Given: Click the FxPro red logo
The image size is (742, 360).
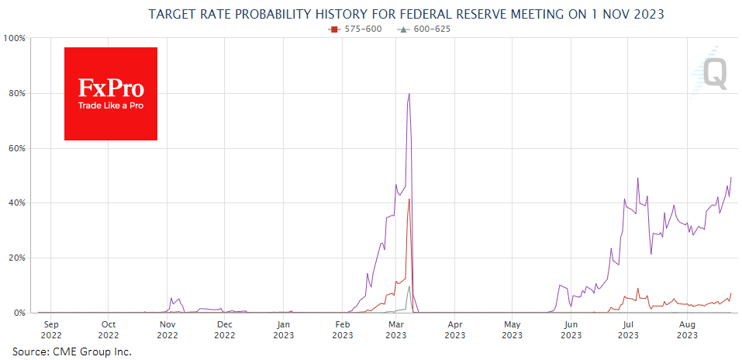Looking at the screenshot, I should point(111,94).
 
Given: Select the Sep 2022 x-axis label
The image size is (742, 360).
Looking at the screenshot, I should point(50,330).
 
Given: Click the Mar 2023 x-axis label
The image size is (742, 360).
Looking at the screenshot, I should point(396,330).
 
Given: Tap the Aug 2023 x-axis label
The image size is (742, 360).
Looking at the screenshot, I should point(686,330).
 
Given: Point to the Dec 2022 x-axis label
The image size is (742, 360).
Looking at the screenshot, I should point(224,330).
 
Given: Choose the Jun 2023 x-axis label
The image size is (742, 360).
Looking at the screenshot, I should point(571,330).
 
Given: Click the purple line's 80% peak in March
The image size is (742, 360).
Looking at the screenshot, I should point(409,94).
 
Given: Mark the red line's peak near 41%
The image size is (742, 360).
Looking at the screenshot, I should point(409,199).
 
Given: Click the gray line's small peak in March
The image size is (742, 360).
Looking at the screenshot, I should point(409,286).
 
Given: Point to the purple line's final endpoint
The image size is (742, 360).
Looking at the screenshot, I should point(731,178).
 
